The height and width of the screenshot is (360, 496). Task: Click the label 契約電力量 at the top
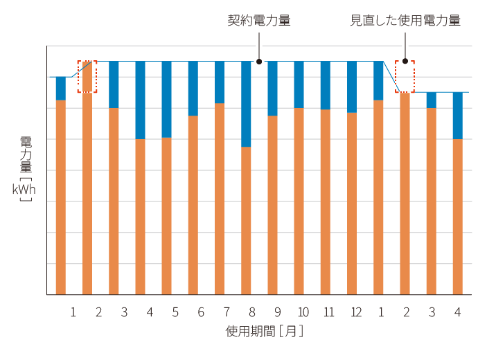[258, 21]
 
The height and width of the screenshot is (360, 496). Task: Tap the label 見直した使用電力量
[405, 21]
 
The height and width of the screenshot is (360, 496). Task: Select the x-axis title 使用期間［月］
[265, 332]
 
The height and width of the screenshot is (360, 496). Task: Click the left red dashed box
[87, 76]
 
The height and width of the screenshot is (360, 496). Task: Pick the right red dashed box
[405, 76]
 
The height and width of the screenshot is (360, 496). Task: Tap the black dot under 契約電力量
[259, 61]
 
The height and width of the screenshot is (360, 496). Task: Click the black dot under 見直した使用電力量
[405, 61]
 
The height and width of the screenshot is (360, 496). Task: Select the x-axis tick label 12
[355, 312]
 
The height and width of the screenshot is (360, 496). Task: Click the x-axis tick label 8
[252, 312]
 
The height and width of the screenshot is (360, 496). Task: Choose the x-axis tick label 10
[303, 312]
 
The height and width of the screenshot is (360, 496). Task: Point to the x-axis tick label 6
[201, 312]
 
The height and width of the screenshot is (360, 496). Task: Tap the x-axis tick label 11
[329, 312]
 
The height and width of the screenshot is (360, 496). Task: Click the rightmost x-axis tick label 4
[457, 312]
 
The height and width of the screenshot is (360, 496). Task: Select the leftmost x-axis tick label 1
[73, 312]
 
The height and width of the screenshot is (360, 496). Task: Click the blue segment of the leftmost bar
[60, 88]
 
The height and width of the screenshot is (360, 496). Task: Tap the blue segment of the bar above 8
[246, 104]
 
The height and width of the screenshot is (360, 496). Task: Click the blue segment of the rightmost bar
[457, 116]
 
